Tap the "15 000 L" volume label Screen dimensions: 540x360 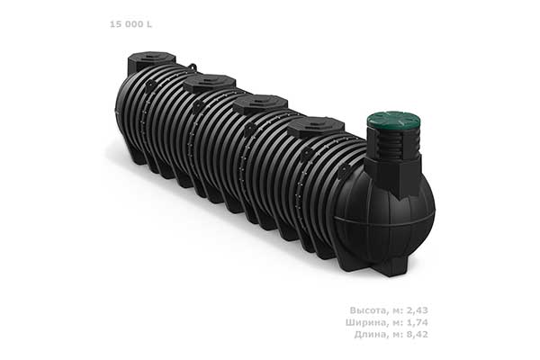pyautogui.click(x=130, y=24)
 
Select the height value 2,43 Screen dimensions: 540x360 pyautogui.click(x=418, y=310)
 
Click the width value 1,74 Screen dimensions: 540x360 pyautogui.click(x=418, y=322)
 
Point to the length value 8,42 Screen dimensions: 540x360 pyautogui.click(x=418, y=334)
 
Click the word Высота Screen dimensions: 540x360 pyautogui.click(x=368, y=310)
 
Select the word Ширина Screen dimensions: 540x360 pyautogui.click(x=366, y=322)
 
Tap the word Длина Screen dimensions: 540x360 pyautogui.click(x=370, y=334)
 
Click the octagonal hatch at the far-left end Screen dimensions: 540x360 pyautogui.click(x=151, y=61)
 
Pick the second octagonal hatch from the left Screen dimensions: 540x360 pyautogui.click(x=209, y=84)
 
